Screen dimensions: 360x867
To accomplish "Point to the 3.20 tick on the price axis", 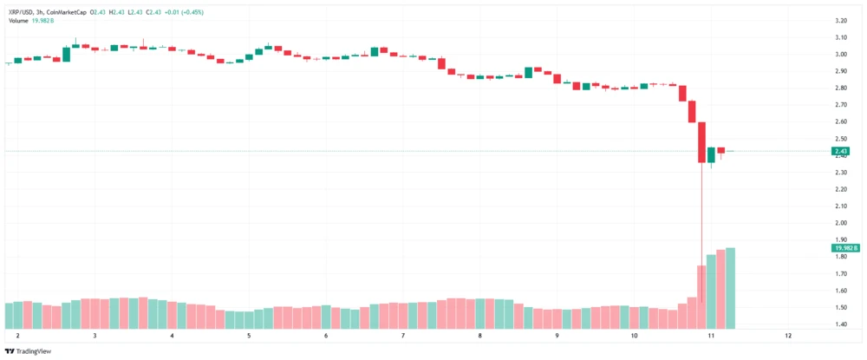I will tap(840, 20).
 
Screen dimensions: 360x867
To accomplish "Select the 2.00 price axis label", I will tap(840, 223).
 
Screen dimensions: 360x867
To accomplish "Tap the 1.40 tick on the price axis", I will tap(840, 324).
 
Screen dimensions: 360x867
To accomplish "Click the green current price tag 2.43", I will tap(841, 151).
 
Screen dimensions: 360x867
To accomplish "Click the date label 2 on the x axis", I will tap(17, 336).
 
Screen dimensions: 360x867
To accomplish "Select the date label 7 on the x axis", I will tap(403, 336).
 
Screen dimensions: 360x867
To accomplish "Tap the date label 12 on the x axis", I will tap(788, 336).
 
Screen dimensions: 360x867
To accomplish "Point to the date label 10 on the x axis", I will tap(634, 336).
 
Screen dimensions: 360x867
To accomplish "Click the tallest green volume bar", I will tap(731, 288).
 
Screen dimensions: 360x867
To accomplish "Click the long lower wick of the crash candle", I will tap(701, 217).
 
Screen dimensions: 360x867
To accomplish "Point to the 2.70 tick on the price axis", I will tap(840, 104).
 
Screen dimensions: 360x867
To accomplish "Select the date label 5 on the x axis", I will tap(249, 336).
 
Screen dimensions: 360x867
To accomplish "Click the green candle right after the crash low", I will tap(711, 154).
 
